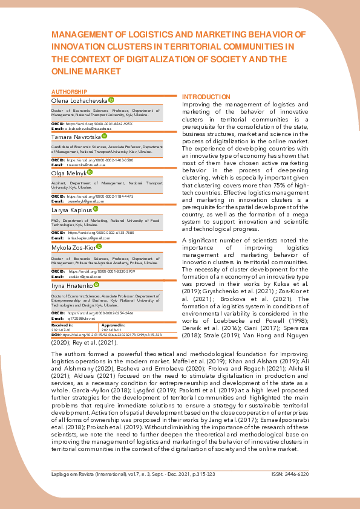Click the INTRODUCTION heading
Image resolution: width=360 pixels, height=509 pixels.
206,97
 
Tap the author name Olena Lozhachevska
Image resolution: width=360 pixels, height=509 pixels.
79,100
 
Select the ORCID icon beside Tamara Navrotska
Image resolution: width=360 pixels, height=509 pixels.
105,137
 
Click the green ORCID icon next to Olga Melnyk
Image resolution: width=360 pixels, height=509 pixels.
90,172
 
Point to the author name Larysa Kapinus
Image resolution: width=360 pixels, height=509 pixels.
71,209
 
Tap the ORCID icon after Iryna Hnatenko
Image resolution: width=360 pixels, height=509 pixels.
97,284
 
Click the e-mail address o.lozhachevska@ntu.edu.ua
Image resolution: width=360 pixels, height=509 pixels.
90,129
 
